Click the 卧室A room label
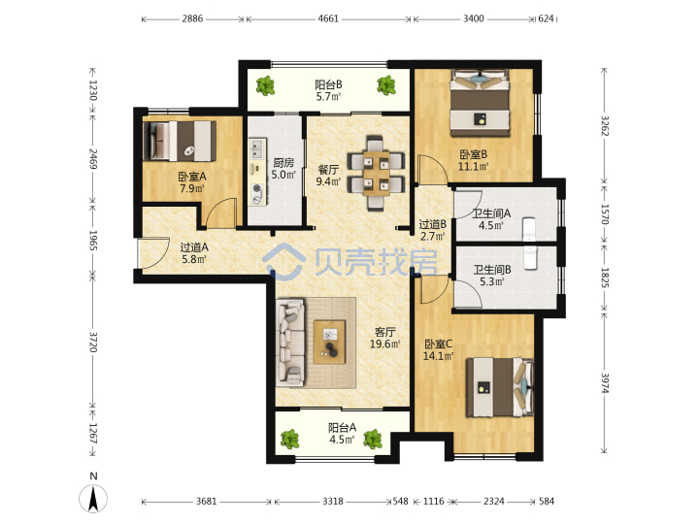192,177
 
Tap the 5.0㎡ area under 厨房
283,175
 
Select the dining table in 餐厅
377,173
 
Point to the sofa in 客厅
290,343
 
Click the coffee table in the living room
329,343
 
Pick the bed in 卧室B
480,104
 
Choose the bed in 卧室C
500,387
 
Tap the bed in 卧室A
180,141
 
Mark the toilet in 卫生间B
529,258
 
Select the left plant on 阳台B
266,85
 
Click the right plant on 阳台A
373,439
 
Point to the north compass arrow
93,499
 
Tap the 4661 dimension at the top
328,18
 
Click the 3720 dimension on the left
93,342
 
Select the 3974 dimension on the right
605,382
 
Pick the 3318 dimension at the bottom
333,502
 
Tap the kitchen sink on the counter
256,148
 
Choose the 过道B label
433,224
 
